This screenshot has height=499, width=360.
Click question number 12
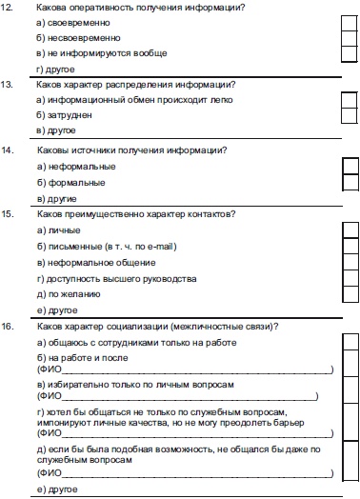[10, 8]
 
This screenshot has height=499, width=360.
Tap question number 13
[10, 84]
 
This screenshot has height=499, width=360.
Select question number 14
[10, 150]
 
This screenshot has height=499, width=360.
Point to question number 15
[10, 213]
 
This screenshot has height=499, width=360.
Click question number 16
[10, 327]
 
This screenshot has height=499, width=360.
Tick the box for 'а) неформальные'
[350, 166]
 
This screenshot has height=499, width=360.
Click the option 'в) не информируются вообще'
[87, 53]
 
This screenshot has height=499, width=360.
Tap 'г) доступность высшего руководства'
[115, 278]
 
